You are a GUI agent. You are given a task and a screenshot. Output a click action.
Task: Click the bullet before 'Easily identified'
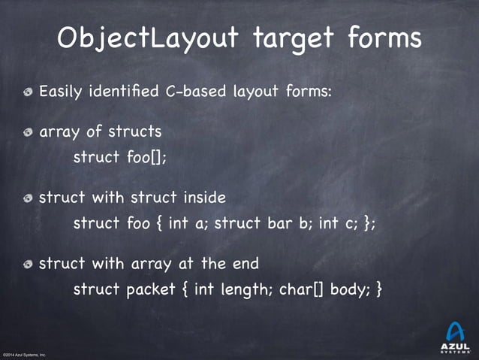(28, 93)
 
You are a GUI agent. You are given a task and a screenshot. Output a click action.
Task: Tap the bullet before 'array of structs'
(28, 133)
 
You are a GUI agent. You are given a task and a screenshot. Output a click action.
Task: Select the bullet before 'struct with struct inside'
(28, 198)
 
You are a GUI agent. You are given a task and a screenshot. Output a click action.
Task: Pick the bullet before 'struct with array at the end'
(28, 264)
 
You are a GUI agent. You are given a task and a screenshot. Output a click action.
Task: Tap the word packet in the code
(149, 289)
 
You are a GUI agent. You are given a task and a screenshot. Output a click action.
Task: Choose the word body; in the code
(348, 289)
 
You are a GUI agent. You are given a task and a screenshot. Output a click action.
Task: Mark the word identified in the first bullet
(120, 92)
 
